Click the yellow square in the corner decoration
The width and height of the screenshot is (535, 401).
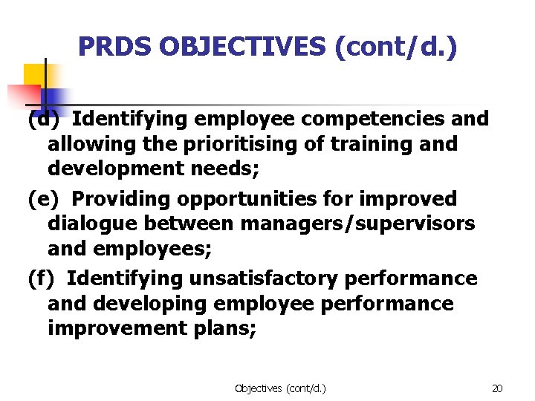[x=34, y=75]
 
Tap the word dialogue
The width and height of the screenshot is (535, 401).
[x=93, y=224]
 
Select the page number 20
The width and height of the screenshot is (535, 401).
[x=497, y=388]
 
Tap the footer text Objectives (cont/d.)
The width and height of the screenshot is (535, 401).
[x=280, y=388]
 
